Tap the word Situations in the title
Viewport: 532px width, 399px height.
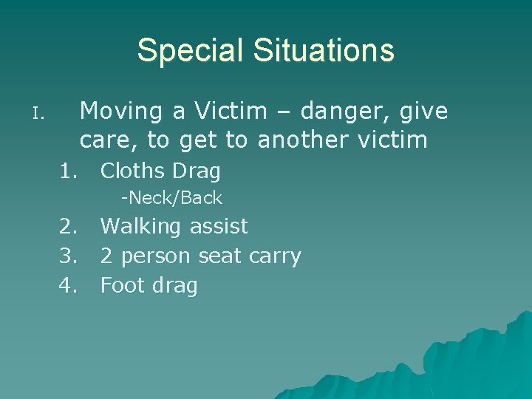pyautogui.click(x=324, y=51)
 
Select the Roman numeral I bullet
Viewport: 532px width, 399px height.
pyautogui.click(x=39, y=115)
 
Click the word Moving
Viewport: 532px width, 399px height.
pyautogui.click(x=121, y=112)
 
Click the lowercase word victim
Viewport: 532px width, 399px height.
pyautogui.click(x=392, y=140)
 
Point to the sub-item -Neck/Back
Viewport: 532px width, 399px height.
pyautogui.click(x=171, y=198)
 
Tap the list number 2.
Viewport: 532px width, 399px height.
pyautogui.click(x=69, y=226)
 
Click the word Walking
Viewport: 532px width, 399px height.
pyautogui.click(x=142, y=227)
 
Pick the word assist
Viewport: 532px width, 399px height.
pyautogui.click(x=219, y=226)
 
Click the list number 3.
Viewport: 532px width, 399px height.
pyautogui.click(x=69, y=256)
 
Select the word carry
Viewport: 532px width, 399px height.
pyautogui.click(x=275, y=257)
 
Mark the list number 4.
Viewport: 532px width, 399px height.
pyautogui.click(x=69, y=285)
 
